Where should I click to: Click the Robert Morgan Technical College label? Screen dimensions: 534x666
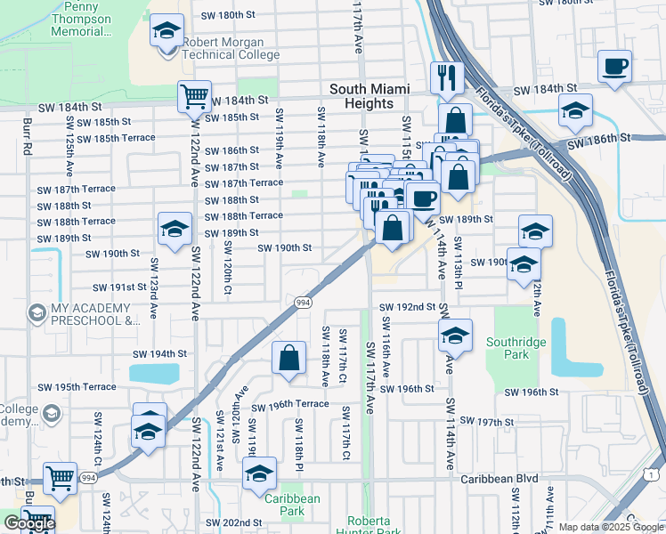[231, 48]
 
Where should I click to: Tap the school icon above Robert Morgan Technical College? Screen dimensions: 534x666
[166, 31]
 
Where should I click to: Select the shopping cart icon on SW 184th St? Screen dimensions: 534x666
[193, 95]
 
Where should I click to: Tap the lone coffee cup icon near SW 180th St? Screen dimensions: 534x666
[614, 67]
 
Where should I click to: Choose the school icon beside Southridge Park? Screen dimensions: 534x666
[455, 336]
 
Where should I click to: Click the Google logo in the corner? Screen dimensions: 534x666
[29, 523]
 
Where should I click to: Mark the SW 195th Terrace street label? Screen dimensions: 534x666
[77, 387]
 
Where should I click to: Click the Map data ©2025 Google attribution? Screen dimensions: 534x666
[610, 527]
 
